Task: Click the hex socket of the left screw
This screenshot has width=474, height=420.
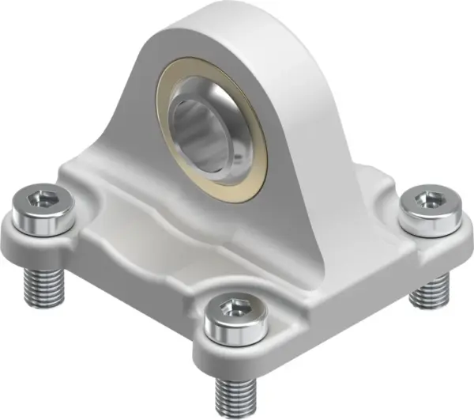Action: point(43,202)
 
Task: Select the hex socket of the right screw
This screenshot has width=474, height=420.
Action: point(430,200)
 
